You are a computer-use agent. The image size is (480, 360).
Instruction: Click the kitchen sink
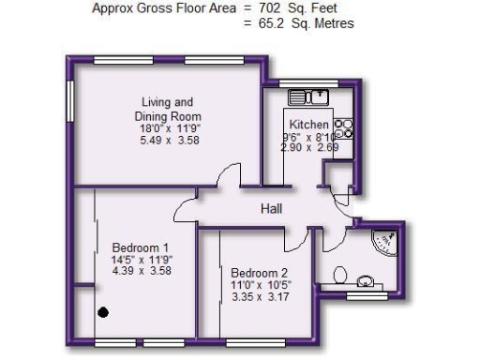pyautogui.click(x=307, y=96)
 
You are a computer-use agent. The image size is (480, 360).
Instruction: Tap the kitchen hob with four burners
pyautogui.click(x=342, y=127)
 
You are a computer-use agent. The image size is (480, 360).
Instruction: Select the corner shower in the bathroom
pyautogui.click(x=384, y=242)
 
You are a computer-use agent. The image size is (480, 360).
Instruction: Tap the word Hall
pyautogui.click(x=272, y=208)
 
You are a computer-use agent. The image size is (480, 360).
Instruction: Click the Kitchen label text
pyautogui.click(x=308, y=125)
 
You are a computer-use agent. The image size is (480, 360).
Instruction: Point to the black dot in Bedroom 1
pyautogui.click(x=104, y=312)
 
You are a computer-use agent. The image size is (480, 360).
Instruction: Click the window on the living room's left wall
pyautogui.click(x=69, y=102)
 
